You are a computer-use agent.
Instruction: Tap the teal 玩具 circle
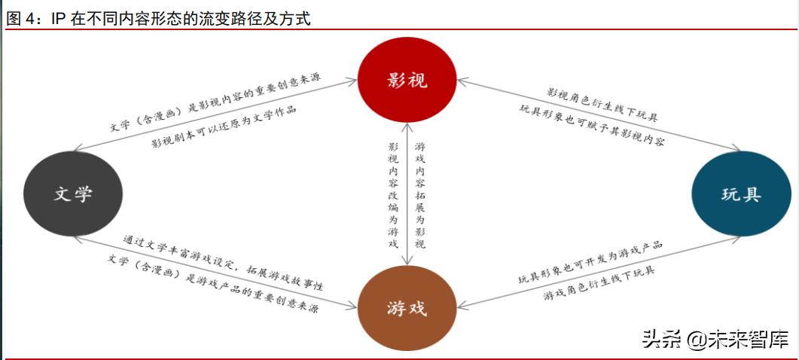tap(740, 194)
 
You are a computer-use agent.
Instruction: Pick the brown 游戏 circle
tap(407, 307)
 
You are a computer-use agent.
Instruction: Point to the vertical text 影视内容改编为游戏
tap(392, 194)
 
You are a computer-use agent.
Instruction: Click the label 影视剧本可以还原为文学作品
tap(224, 128)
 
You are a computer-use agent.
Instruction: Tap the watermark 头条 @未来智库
tap(715, 340)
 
